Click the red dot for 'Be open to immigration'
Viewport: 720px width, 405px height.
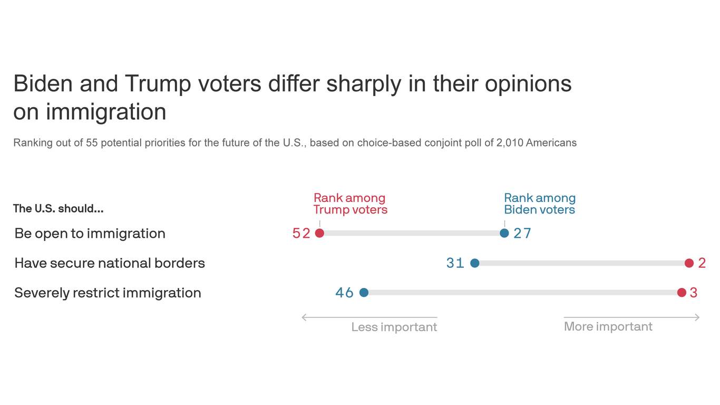click(319, 233)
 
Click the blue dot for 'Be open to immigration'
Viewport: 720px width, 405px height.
click(504, 233)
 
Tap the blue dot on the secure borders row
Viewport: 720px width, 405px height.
click(474, 263)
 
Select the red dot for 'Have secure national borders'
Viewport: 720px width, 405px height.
click(689, 263)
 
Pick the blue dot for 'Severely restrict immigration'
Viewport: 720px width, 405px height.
click(364, 293)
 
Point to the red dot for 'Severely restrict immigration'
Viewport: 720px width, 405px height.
click(682, 293)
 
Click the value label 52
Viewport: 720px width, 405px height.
click(301, 234)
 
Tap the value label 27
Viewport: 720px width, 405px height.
click(522, 234)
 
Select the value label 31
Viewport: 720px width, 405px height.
click(455, 263)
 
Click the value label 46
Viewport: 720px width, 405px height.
click(345, 293)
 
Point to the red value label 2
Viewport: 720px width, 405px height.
click(702, 263)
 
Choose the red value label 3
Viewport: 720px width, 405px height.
click(694, 293)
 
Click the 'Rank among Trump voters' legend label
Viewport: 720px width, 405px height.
click(350, 204)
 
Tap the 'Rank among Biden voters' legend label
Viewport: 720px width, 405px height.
click(540, 204)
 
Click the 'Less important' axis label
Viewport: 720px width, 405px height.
click(394, 327)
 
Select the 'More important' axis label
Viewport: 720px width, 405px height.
click(608, 326)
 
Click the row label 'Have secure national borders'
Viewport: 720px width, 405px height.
click(110, 263)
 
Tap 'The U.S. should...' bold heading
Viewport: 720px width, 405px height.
click(58, 208)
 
